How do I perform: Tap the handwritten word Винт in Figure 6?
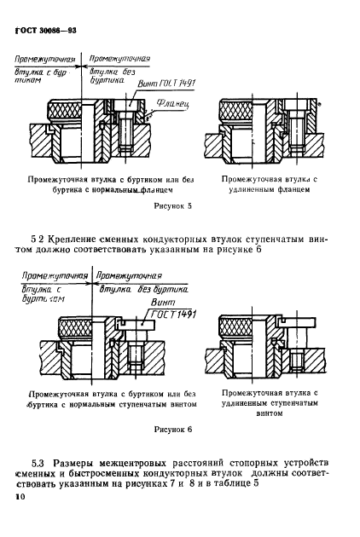coord(159,300)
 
